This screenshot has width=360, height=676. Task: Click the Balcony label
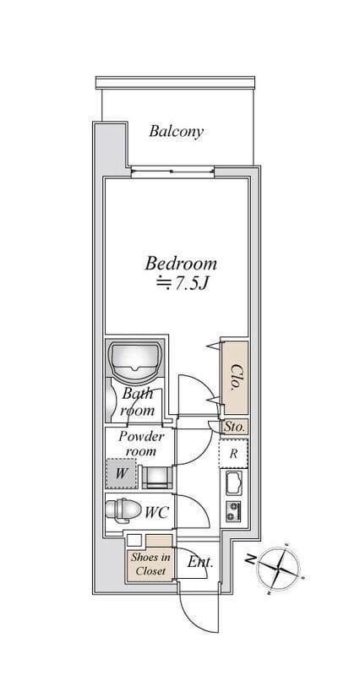point(176,132)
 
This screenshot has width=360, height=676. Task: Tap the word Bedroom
point(181,264)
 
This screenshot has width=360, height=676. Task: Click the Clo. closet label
point(236,377)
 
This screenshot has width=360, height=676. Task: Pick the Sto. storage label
point(235,428)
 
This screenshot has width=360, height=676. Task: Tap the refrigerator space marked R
point(233,453)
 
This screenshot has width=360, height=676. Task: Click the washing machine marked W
point(121,473)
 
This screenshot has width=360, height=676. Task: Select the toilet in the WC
point(123,510)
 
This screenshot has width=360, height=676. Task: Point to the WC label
point(156,513)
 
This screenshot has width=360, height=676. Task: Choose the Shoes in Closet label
point(150,564)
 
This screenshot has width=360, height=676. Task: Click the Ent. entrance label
point(200,562)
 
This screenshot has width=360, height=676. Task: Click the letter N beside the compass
point(249,559)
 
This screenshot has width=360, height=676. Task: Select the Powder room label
point(141,444)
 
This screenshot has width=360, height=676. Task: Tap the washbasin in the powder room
point(157,477)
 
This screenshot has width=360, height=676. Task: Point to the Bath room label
point(138,401)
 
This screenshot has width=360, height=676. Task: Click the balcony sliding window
point(172,172)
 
